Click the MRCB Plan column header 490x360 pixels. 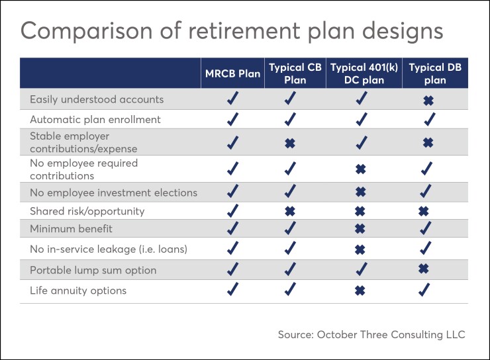[x=232, y=73]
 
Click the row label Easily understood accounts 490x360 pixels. [x=96, y=99]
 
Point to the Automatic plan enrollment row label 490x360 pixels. [x=95, y=120]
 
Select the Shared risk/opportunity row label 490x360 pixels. [x=87, y=211]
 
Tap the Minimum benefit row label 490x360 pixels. [x=71, y=229]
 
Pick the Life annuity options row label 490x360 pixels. [x=77, y=291]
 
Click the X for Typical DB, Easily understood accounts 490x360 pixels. [x=428, y=100]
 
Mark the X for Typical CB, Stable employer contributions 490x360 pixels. [x=289, y=142]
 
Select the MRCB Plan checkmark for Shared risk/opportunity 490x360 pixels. [x=232, y=212]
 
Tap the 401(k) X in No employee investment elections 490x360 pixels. [x=360, y=193]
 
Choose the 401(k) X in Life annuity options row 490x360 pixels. [x=360, y=291]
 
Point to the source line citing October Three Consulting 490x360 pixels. [x=371, y=335]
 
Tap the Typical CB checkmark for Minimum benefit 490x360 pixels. [x=290, y=229]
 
